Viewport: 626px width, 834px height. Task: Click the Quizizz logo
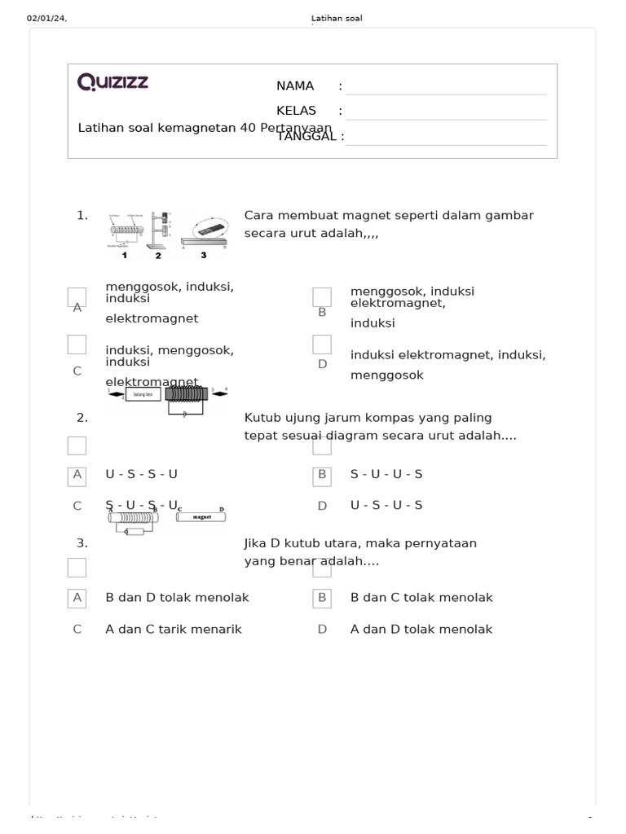[112, 82]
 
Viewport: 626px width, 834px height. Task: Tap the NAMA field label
[295, 86]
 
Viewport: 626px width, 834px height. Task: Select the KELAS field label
[295, 111]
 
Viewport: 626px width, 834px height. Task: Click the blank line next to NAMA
[446, 88]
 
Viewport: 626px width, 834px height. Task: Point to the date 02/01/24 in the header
[46, 19]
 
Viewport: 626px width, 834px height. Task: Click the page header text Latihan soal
[337, 19]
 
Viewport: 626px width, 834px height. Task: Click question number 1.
[82, 216]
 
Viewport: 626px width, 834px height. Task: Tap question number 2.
[82, 418]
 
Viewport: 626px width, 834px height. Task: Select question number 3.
[82, 543]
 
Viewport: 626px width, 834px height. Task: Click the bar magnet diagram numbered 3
[205, 235]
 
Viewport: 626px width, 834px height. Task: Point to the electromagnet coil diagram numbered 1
[126, 231]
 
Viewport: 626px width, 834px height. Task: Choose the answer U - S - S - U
[141, 474]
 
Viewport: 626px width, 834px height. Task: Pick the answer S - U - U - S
[386, 474]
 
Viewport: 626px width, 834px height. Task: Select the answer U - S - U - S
[386, 506]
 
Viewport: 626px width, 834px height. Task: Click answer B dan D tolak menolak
[177, 598]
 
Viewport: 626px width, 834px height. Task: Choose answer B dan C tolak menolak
[421, 598]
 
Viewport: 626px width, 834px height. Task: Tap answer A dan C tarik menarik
[174, 630]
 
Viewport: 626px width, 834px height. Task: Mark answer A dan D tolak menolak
[421, 630]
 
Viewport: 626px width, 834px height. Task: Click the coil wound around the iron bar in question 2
[187, 394]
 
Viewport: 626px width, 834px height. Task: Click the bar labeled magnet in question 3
[201, 516]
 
